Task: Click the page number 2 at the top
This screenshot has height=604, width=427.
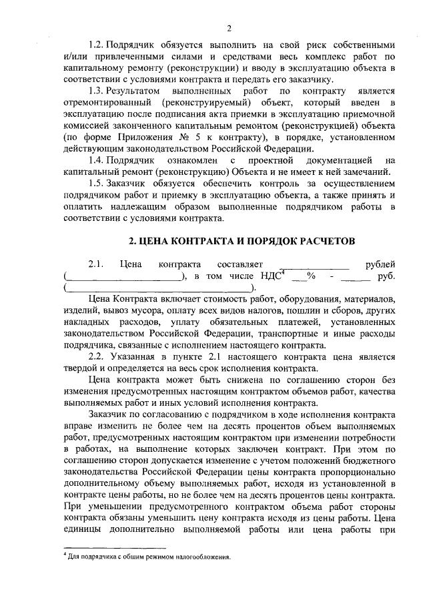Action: pos(228,27)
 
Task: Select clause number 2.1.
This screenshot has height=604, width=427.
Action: pos(97,264)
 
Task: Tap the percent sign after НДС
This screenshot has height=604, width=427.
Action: pos(310,276)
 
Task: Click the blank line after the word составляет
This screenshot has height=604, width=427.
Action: pos(314,266)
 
